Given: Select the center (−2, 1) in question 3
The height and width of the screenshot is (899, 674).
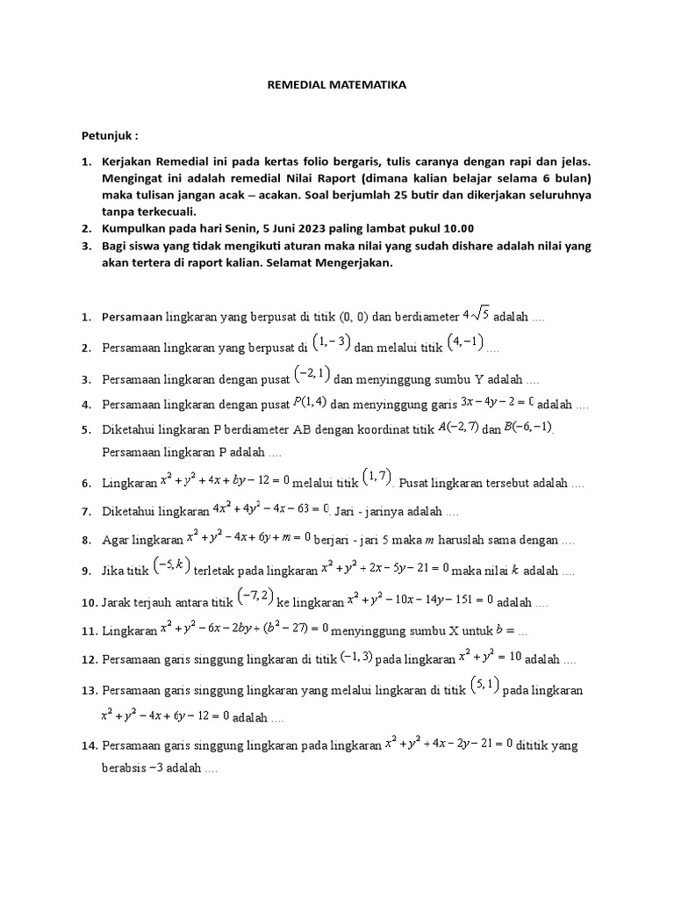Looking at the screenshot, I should click(x=312, y=375).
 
